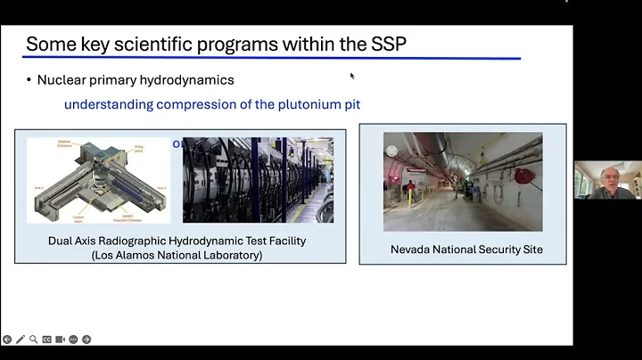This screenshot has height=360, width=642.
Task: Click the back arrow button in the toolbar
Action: [x=7, y=340]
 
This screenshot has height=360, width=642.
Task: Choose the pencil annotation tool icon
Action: [x=21, y=340]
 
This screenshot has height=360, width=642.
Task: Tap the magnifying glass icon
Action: [x=34, y=340]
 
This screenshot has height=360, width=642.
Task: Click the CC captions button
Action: [x=47, y=340]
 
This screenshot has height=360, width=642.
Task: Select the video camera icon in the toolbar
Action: [x=61, y=340]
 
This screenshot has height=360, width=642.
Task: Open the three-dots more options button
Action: [x=73, y=340]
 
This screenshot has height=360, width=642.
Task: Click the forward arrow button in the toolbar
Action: [x=86, y=340]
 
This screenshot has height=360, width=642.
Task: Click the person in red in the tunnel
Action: [x=411, y=188]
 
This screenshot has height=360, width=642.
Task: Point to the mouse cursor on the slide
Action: [x=352, y=76]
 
